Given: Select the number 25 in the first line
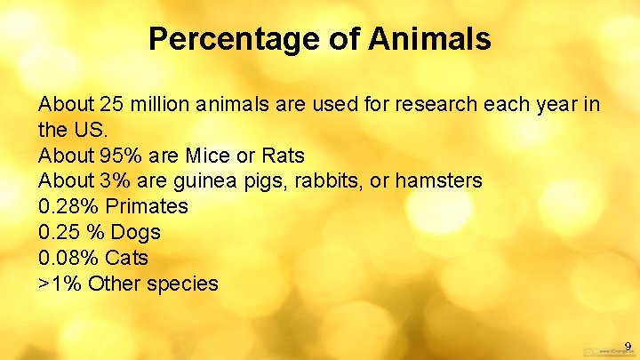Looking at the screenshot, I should [110, 105].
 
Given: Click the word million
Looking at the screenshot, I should [161, 105].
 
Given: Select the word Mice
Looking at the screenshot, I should [208, 156].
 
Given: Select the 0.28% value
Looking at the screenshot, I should [68, 207].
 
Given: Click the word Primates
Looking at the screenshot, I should [147, 207].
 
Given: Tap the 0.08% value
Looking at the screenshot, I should [68, 259].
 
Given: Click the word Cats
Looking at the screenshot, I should [126, 259].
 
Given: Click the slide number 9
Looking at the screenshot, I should [627, 346].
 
